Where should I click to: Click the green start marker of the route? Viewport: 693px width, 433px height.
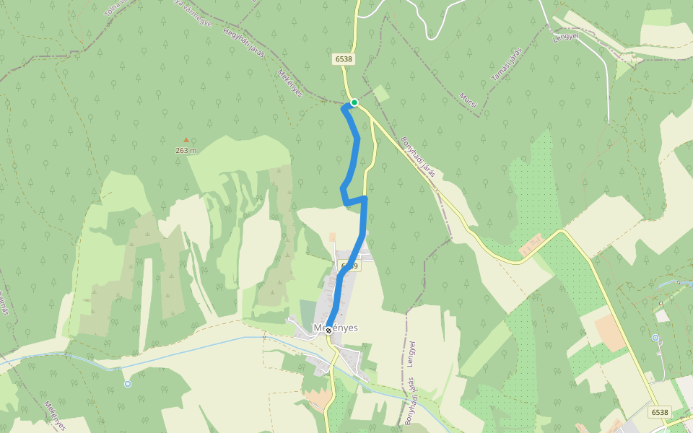(x=354, y=102)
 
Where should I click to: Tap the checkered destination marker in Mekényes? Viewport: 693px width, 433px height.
(x=328, y=330)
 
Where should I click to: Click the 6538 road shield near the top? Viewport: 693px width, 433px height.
(x=344, y=59)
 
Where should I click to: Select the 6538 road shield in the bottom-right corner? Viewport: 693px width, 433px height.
(x=659, y=412)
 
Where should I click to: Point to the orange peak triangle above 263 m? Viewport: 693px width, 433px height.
(x=186, y=141)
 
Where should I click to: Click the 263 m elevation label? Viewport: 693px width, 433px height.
(x=186, y=151)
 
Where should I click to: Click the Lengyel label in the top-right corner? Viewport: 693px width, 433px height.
(x=567, y=36)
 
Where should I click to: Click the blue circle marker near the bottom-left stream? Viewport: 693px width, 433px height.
(x=128, y=384)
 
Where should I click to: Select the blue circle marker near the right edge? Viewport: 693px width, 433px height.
(x=655, y=338)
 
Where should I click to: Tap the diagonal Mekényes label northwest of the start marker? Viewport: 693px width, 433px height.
(x=290, y=84)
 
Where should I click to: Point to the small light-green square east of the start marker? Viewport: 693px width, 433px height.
(x=380, y=93)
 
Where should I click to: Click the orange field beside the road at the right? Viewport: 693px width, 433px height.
(x=610, y=332)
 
